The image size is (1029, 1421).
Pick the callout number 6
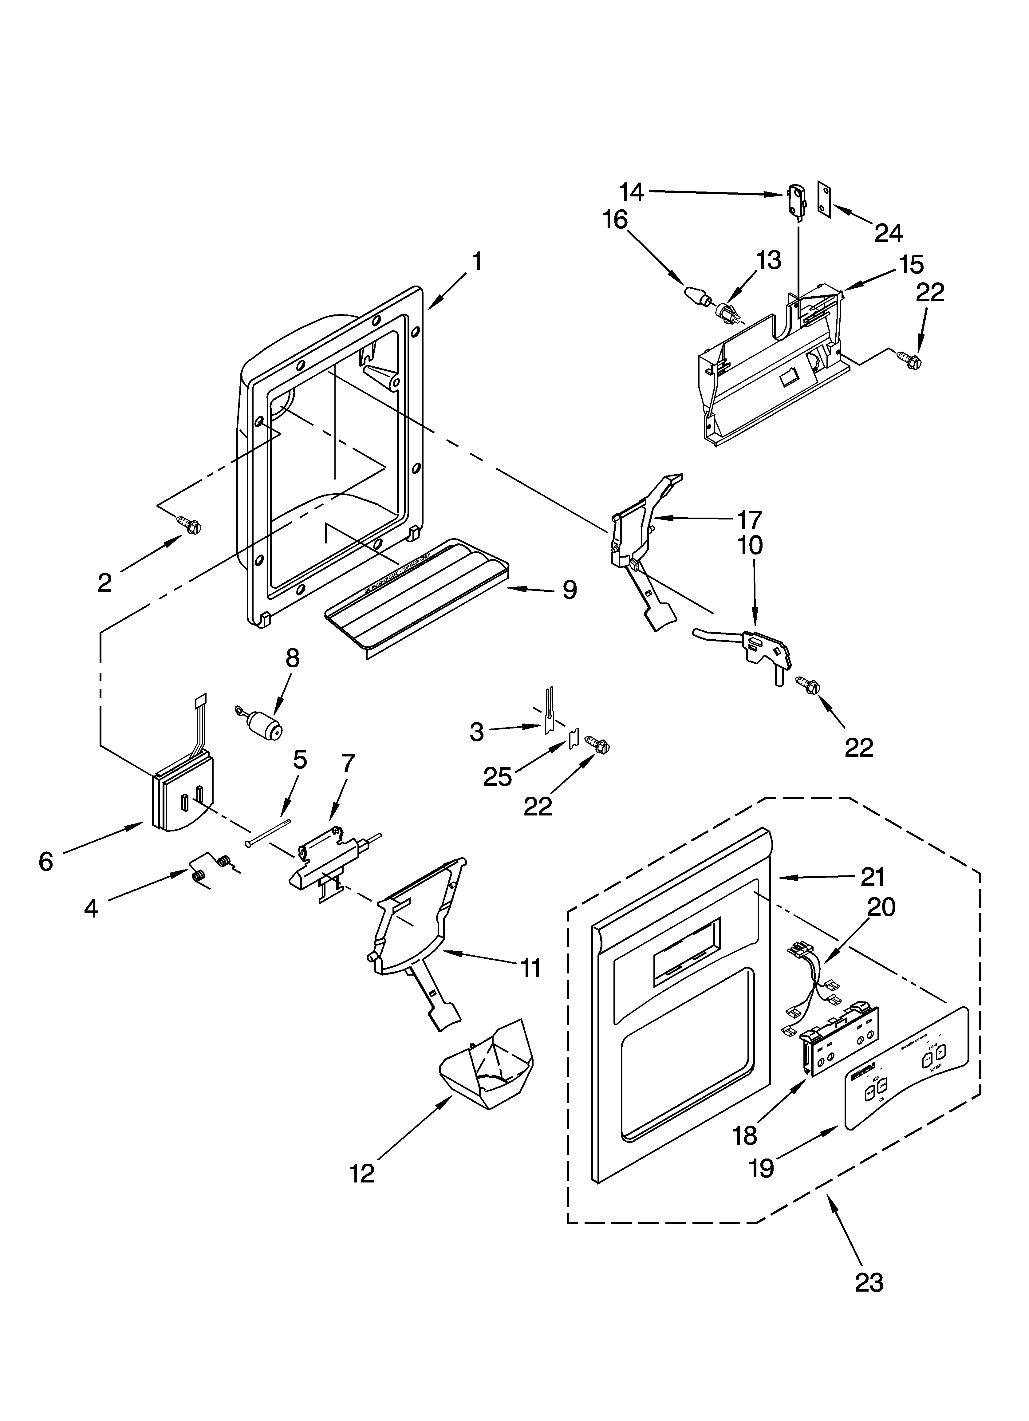tap(46, 862)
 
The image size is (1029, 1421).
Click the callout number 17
tap(749, 520)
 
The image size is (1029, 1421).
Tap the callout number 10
tap(750, 545)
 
